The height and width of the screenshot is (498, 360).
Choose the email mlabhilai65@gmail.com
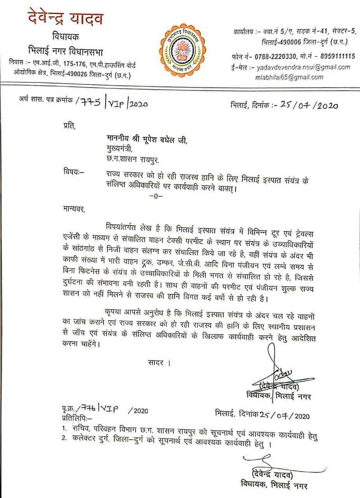(289, 77)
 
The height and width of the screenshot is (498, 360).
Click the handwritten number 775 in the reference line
(92, 103)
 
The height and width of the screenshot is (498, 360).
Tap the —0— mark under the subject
(156, 196)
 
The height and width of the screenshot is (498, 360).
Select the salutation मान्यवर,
(73, 210)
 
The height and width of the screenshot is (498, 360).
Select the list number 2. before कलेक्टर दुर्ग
(65, 438)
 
